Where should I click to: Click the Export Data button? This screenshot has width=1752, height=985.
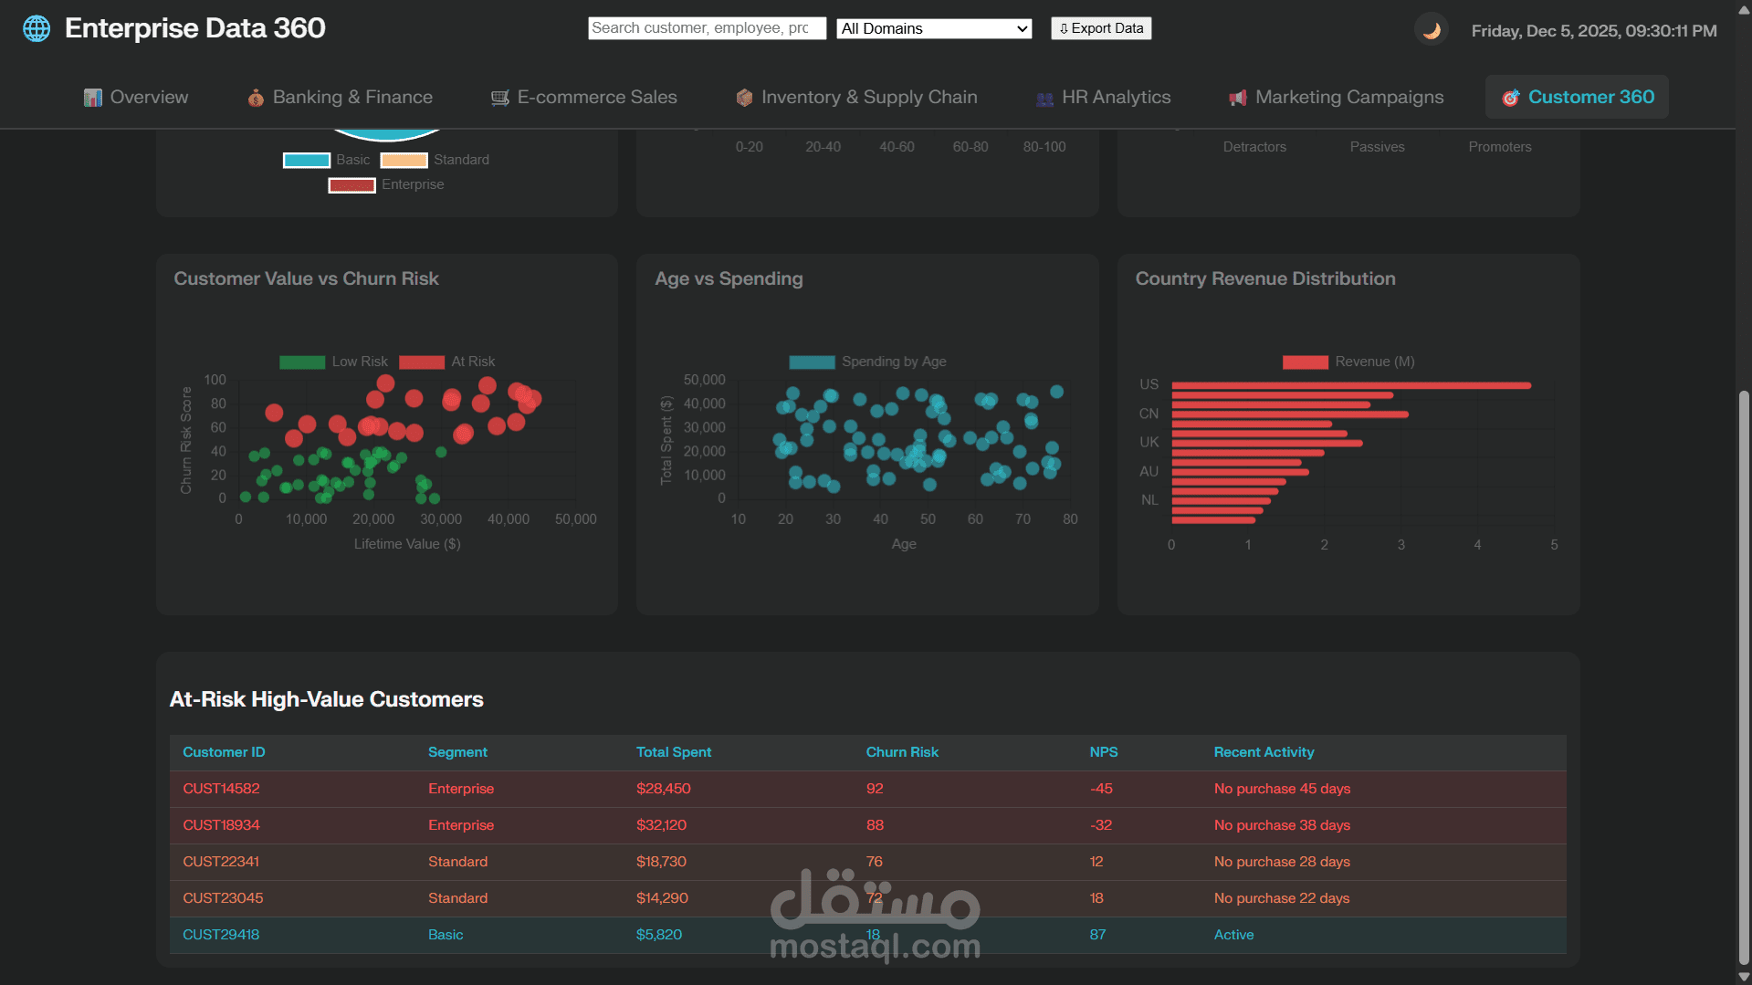click(1100, 28)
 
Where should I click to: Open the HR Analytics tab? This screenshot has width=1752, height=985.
click(1103, 97)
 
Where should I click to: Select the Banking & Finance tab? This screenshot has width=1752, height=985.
click(340, 97)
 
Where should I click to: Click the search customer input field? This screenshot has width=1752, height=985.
click(706, 28)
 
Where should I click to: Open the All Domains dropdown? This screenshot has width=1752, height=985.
click(934, 28)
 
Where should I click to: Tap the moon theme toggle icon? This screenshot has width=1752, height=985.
click(1431, 30)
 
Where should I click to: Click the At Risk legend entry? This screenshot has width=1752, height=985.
click(447, 362)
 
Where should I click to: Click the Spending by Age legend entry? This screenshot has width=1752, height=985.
click(867, 362)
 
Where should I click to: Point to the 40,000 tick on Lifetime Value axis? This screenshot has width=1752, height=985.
click(509, 519)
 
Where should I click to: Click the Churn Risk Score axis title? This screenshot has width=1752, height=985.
click(186, 440)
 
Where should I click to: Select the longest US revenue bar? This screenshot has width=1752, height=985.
click(1351, 385)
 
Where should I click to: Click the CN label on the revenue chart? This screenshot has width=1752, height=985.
click(1149, 414)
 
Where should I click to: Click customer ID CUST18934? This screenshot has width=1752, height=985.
click(221, 825)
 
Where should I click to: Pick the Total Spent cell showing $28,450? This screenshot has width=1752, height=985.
click(664, 789)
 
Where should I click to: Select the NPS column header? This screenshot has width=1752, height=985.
click(1103, 752)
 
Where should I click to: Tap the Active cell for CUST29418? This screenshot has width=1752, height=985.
click(1233, 935)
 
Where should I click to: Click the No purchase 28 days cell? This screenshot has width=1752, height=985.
click(1281, 862)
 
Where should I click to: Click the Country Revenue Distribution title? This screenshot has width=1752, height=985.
click(1264, 278)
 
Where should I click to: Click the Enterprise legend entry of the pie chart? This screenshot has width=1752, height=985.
click(387, 184)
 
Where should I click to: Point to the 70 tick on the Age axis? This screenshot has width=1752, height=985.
click(1023, 519)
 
